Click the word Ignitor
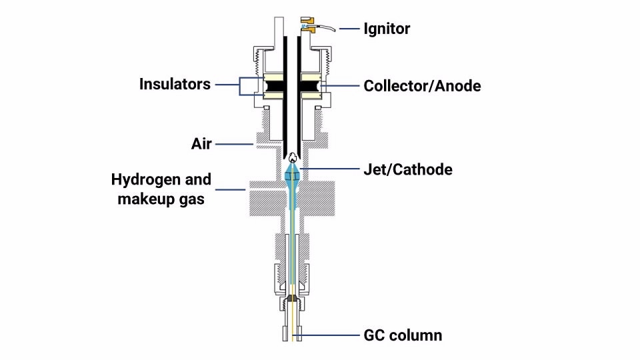pyautogui.click(x=387, y=29)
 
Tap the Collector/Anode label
pyautogui.click(x=422, y=86)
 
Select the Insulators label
pyautogui.click(x=175, y=85)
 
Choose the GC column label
pyautogui.click(x=403, y=335)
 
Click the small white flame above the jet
pyautogui.click(x=292, y=159)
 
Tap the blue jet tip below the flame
pyautogui.click(x=292, y=175)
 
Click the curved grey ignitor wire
pyautogui.click(x=327, y=27)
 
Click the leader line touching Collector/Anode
pyautogui.click(x=339, y=86)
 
